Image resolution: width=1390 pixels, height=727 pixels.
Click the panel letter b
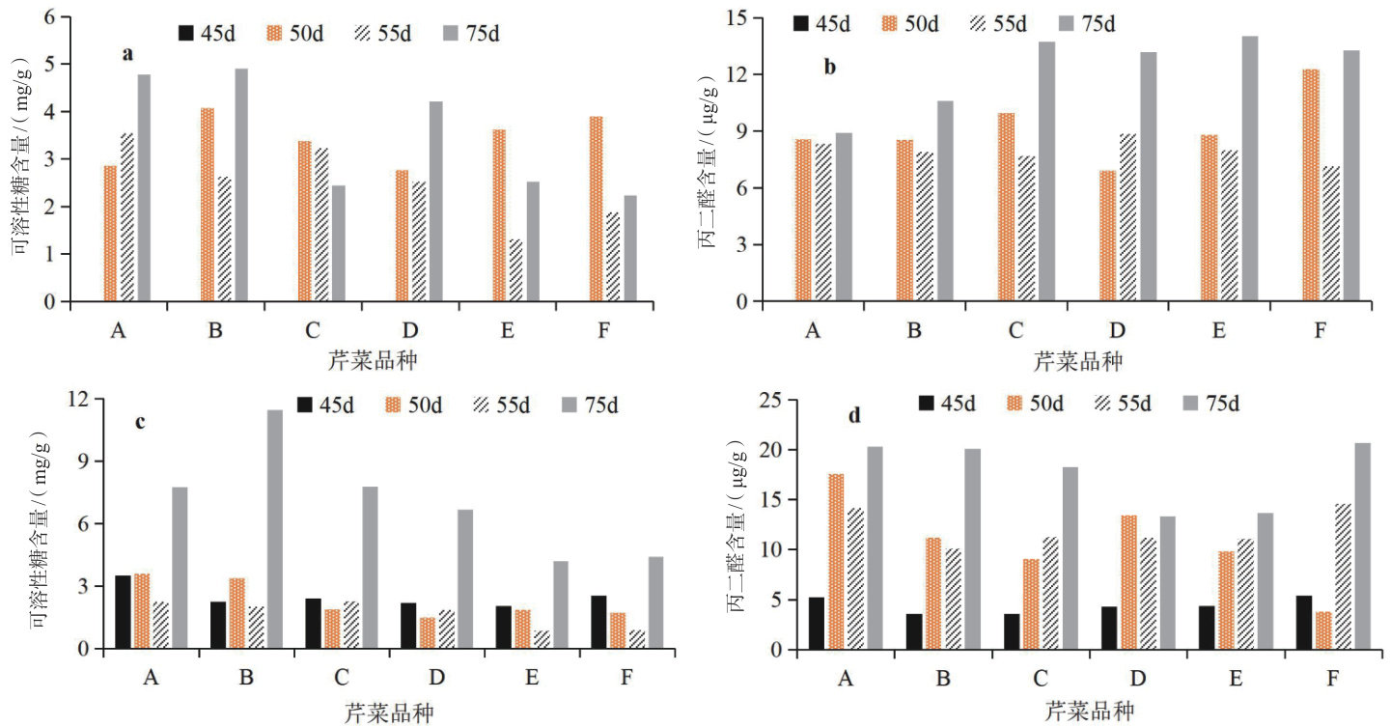[x=829, y=68]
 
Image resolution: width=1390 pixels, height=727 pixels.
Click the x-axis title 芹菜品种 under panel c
[x=389, y=713]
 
